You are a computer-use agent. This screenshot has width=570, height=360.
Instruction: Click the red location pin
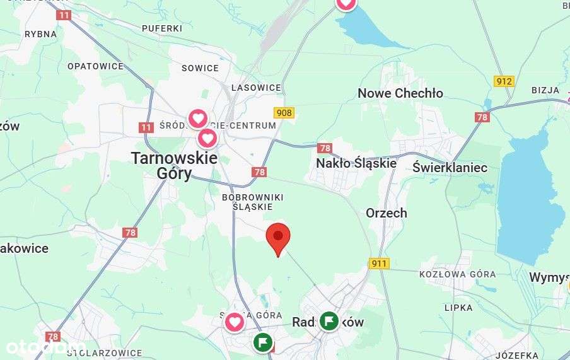click(278, 238)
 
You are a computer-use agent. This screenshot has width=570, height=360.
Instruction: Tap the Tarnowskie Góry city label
click(173, 166)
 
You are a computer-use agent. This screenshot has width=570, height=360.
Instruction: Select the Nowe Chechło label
click(400, 93)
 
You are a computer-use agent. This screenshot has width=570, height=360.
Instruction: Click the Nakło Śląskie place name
click(356, 163)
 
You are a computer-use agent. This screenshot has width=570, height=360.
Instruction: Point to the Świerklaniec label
click(450, 167)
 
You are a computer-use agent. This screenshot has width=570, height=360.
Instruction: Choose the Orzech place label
click(387, 213)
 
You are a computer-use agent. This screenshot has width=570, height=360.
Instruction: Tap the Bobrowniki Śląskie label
click(252, 202)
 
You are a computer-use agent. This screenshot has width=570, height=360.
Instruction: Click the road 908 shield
click(284, 112)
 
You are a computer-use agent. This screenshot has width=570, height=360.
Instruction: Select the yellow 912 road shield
click(504, 81)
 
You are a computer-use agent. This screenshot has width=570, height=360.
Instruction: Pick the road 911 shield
click(379, 264)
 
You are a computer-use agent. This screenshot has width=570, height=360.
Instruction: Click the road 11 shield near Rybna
click(64, 14)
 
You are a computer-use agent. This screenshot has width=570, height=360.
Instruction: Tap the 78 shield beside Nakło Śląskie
click(325, 148)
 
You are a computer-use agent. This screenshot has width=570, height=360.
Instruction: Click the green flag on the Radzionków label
click(329, 321)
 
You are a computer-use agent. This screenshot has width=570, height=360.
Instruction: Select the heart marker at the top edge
click(346, 3)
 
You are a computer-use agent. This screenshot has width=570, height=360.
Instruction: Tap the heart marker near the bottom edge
click(235, 322)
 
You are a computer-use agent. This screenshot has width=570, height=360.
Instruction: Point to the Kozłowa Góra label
click(457, 274)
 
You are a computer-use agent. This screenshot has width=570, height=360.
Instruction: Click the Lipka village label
click(458, 308)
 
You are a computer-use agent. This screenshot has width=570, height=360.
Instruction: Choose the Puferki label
click(162, 28)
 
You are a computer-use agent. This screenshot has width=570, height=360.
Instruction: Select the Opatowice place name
click(95, 66)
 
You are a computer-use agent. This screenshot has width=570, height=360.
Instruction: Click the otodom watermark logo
click(44, 347)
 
